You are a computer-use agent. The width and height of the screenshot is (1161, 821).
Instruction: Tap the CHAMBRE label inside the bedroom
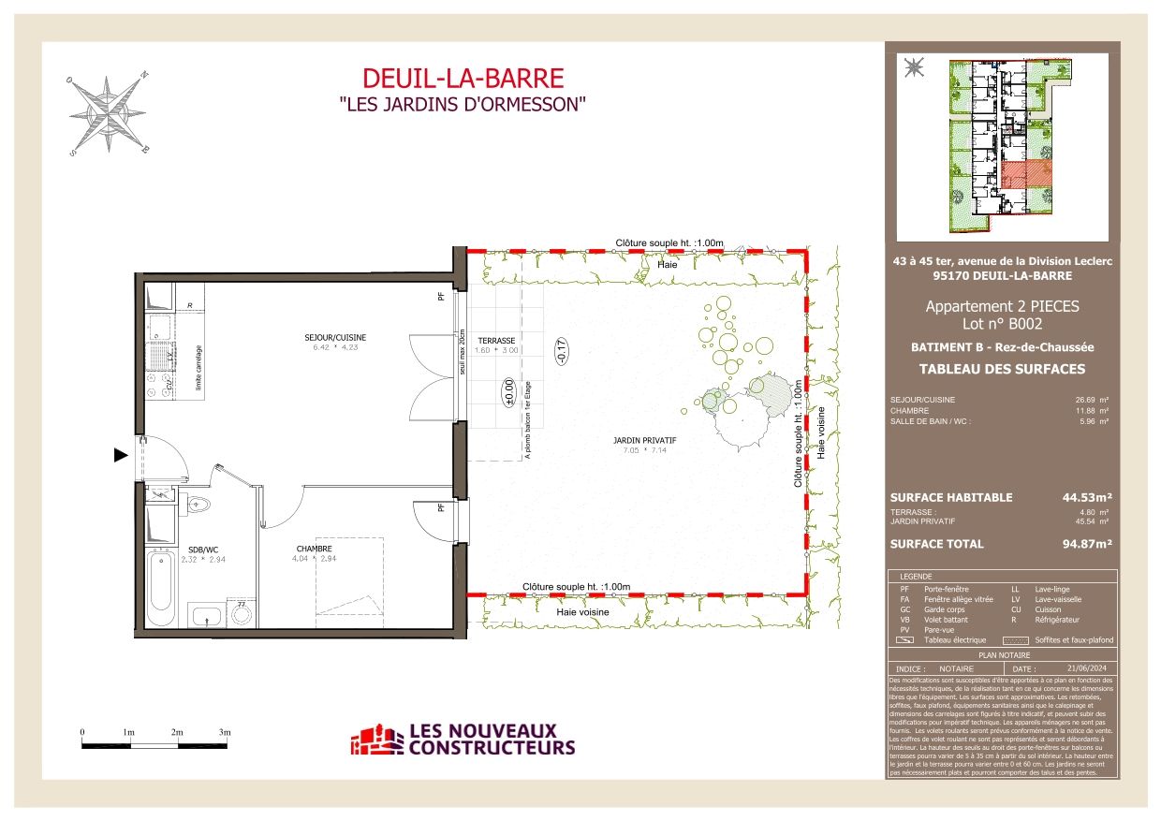314,549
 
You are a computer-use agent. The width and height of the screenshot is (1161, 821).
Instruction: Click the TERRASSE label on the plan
496,340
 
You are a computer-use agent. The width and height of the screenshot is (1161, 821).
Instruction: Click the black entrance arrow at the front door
120,456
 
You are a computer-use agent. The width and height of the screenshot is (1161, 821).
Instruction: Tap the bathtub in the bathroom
160,589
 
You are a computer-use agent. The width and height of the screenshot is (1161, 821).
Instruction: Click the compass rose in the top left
109,113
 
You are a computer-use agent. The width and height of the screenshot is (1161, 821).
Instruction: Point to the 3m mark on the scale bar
225,732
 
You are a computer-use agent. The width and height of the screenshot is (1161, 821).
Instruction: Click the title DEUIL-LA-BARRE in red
463,79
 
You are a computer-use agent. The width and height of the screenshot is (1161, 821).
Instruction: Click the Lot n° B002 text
1001,324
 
